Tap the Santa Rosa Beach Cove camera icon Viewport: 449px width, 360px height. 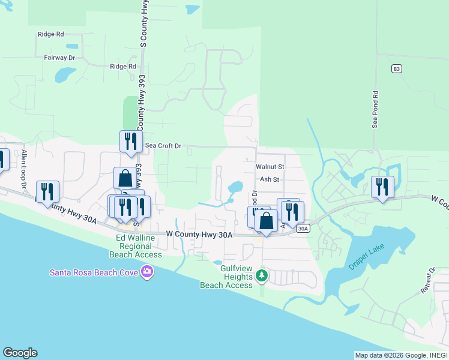pyautogui.click(x=147, y=273)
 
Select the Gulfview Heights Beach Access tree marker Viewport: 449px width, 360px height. pyautogui.click(x=261, y=275)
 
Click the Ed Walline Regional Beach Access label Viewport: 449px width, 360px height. pyautogui.click(x=139, y=246)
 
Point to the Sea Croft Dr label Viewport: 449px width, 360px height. pyautogui.click(x=163, y=146)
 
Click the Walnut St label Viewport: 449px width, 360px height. pyautogui.click(x=270, y=166)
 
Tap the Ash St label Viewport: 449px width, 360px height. pyautogui.click(x=270, y=179)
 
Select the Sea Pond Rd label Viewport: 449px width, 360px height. pyautogui.click(x=375, y=110)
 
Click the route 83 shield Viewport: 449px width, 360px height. pyautogui.click(x=396, y=69)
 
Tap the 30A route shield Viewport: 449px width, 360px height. pyautogui.click(x=304, y=228)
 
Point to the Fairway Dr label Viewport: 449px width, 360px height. pyautogui.click(x=59, y=58)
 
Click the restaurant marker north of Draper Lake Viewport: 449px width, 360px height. pyautogui.click(x=382, y=187)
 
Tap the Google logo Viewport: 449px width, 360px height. pyautogui.click(x=20, y=353)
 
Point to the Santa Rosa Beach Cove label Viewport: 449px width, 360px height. pyautogui.click(x=94, y=273)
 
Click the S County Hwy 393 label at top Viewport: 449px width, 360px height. pyautogui.click(x=143, y=24)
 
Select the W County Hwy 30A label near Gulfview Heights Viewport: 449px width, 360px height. pyautogui.click(x=199, y=235)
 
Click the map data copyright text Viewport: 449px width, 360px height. pyautogui.click(x=400, y=355)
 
